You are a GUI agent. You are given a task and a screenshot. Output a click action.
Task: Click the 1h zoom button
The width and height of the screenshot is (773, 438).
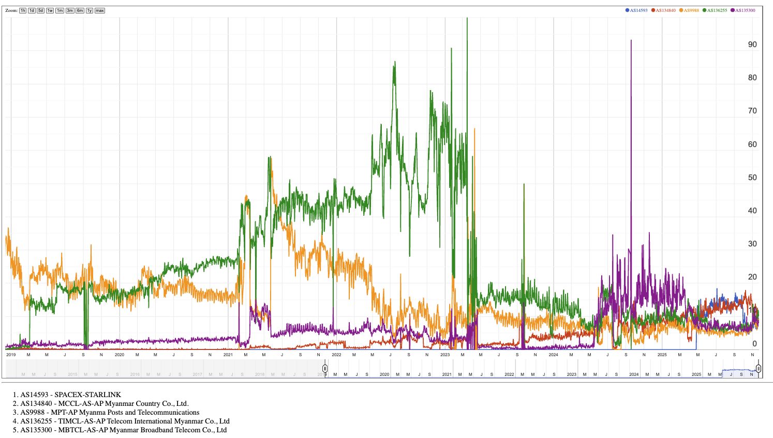point(23,10)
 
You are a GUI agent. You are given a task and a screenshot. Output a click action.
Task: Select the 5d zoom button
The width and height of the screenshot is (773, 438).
point(41,10)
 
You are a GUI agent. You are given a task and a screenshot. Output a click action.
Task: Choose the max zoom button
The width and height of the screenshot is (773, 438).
point(100,10)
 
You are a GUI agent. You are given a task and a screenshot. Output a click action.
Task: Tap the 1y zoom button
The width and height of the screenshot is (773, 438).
point(90,10)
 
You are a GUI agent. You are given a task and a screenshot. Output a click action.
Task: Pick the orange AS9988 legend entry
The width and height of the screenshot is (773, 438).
point(690,10)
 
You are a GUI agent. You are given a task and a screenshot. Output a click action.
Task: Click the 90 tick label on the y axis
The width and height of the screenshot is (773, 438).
point(752,45)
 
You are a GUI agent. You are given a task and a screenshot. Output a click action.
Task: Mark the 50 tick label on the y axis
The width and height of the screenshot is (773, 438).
point(752,178)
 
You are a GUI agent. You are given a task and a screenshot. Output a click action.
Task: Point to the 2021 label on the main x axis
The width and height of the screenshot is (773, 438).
point(228,355)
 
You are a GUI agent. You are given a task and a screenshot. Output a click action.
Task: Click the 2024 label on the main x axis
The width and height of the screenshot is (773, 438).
point(553,355)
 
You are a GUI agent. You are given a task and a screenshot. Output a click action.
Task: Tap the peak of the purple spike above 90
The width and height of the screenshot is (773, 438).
point(631,40)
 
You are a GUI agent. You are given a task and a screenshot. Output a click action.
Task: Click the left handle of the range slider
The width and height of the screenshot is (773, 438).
point(325,369)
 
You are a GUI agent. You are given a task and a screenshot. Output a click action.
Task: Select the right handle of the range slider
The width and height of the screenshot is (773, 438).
point(758,369)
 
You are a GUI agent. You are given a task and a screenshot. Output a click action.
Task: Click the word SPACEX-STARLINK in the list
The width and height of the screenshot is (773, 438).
point(88,395)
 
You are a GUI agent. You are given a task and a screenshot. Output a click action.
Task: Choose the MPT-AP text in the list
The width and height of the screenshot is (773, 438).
point(63,412)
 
